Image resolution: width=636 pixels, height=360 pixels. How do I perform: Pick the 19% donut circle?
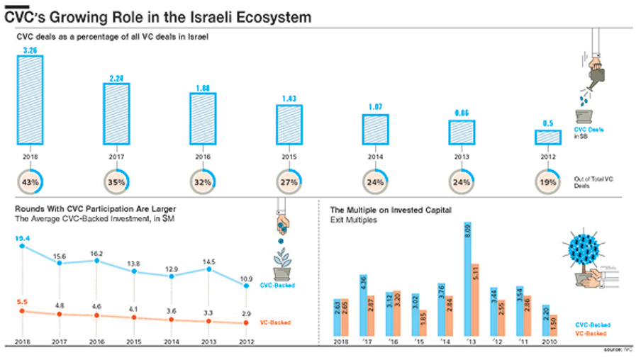click(547, 182)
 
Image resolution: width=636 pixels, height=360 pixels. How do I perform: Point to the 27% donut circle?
click(289, 182)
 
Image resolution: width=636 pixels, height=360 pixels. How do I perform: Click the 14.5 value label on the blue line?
click(208, 261)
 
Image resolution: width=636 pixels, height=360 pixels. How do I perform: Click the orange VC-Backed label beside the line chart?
click(277, 322)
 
